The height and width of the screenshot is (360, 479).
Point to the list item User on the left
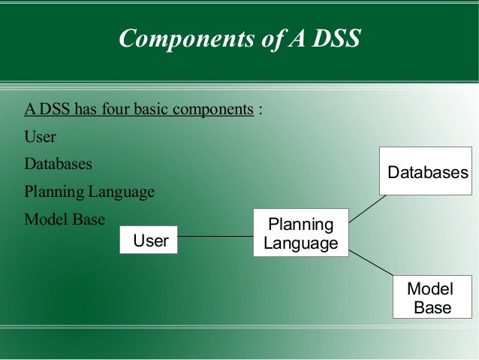click(40, 138)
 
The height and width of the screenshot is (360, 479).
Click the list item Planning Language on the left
click(89, 192)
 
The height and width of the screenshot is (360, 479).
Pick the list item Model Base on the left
click(65, 219)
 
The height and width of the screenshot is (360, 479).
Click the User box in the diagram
click(149, 240)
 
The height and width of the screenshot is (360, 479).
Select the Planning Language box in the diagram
click(300, 233)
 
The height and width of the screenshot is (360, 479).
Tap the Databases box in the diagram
click(427, 172)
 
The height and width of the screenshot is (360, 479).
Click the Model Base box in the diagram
click(432, 297)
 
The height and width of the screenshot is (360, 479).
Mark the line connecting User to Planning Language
click(215, 237)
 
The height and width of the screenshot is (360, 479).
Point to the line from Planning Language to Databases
click(368, 209)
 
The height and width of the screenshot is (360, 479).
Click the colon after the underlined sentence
click(261, 110)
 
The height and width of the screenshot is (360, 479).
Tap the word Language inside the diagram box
click(300, 244)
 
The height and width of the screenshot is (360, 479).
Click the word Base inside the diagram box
click(432, 307)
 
